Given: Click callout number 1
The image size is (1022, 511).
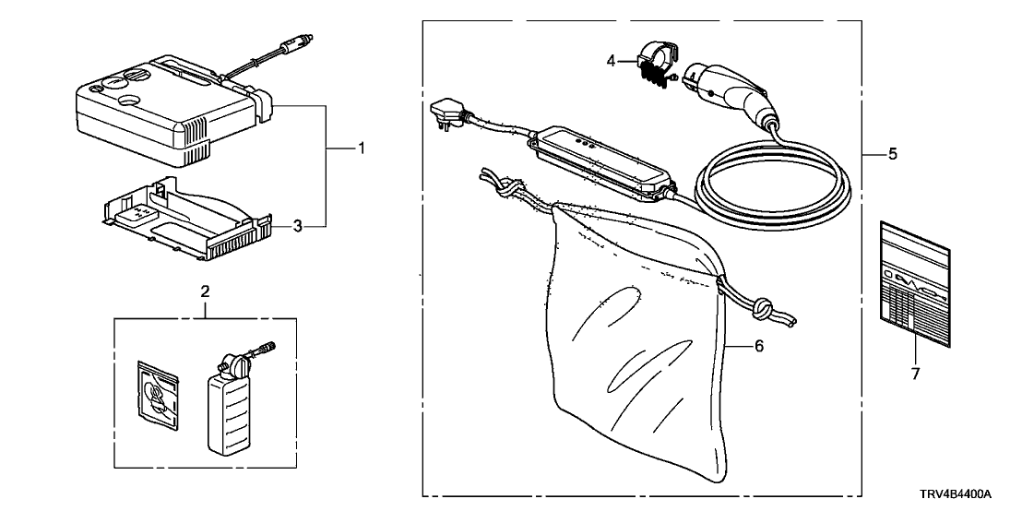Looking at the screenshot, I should tap(362, 148).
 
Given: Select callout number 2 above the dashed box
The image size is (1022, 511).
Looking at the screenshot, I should tap(205, 291).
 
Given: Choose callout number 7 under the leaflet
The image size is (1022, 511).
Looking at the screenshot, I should tap(914, 375).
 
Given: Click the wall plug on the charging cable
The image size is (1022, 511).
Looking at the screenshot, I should tap(446, 116).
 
